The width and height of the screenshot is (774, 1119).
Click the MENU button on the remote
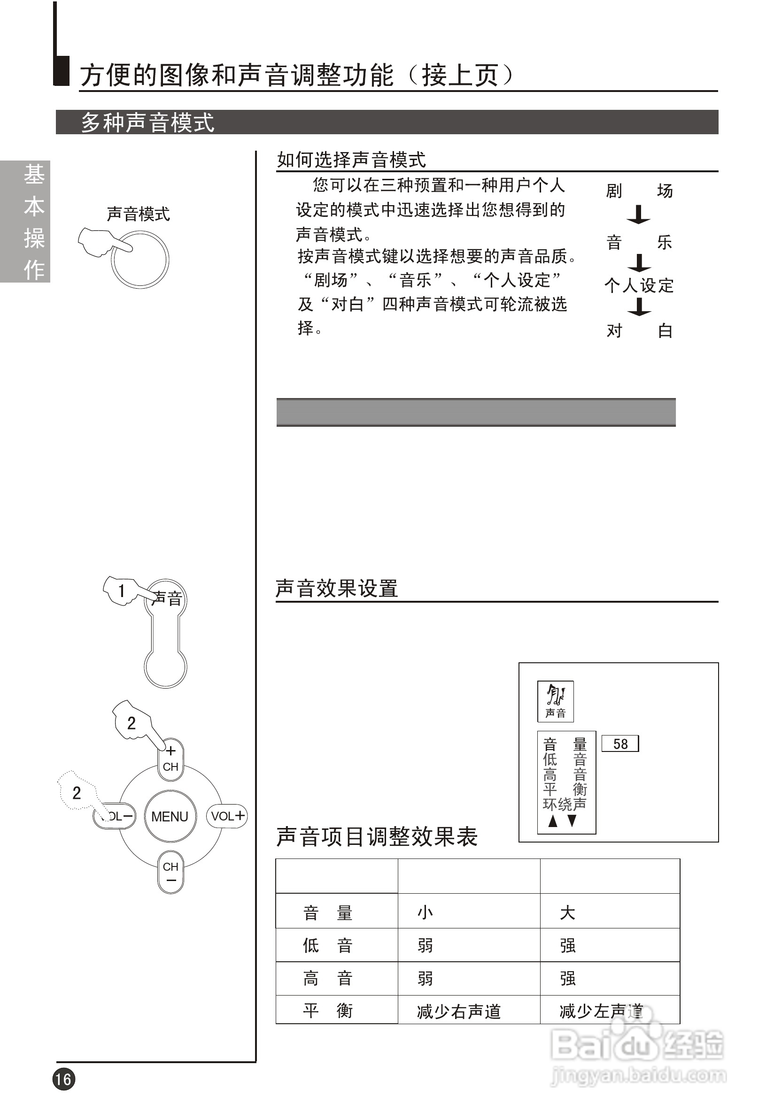pyautogui.click(x=170, y=817)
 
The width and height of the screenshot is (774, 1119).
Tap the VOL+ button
pyautogui.click(x=227, y=816)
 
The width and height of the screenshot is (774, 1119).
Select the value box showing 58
pyautogui.click(x=620, y=744)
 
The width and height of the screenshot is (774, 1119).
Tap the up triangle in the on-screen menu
pyautogui.click(x=552, y=821)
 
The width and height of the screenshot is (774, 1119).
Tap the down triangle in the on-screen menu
pyautogui.click(x=572, y=821)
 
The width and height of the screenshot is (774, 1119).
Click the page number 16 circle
pyautogui.click(x=64, y=1079)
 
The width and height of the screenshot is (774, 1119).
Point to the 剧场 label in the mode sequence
pyautogui.click(x=639, y=191)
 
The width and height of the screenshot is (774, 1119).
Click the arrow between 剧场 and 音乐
pyautogui.click(x=639, y=215)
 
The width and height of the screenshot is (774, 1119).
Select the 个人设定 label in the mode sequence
pyautogui.click(x=639, y=285)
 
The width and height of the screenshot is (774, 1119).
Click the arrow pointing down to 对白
pyautogui.click(x=640, y=307)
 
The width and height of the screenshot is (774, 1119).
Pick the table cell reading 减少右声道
pyautogui.click(x=459, y=1012)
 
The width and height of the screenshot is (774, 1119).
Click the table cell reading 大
pyautogui.click(x=567, y=913)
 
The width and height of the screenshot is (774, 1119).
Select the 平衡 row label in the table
pyautogui.click(x=328, y=1011)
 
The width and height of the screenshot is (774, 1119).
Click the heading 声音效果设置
pyautogui.click(x=337, y=589)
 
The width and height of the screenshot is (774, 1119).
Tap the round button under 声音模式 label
pyautogui.click(x=140, y=260)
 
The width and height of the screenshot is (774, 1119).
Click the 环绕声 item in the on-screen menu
pyautogui.click(x=565, y=805)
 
